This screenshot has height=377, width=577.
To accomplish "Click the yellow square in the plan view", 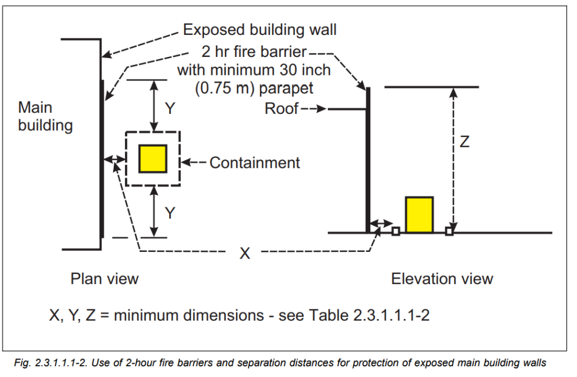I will click(x=153, y=158).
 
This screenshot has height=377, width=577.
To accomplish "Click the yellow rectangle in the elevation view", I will click(x=419, y=215).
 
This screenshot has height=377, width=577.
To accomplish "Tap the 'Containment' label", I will click(x=255, y=163).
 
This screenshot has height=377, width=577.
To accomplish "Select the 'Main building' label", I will click(x=45, y=116).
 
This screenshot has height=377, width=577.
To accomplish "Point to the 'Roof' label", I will click(x=281, y=109).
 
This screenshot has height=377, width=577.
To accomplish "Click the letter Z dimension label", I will click(x=464, y=142).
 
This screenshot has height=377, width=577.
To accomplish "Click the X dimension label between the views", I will click(x=245, y=254).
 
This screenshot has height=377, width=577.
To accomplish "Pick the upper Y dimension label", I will click(x=170, y=108).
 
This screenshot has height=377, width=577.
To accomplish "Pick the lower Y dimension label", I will click(x=170, y=212).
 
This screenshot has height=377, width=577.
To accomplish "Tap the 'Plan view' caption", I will click(x=104, y=278).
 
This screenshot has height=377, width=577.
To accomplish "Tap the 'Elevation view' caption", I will click(x=442, y=278).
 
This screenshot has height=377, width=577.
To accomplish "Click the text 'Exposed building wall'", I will click(x=260, y=29).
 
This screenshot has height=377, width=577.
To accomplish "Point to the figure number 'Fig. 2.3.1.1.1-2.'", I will click(x=63, y=363).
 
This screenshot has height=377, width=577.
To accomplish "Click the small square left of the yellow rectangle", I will click(x=396, y=231).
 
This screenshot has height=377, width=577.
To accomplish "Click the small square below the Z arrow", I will click(x=449, y=231).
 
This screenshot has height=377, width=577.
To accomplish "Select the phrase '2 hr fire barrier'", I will click(x=254, y=54).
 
